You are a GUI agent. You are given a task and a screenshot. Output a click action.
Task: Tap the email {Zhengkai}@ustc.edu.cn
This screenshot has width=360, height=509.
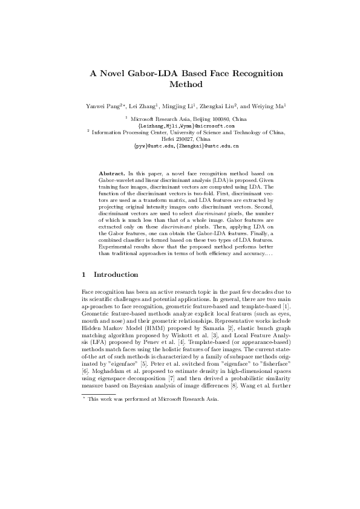[208, 146]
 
